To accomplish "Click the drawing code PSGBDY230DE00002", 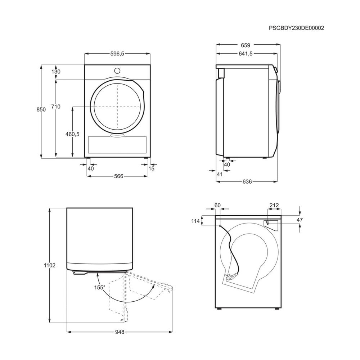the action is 296,28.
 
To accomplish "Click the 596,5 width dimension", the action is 117,54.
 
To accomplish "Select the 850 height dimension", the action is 41,109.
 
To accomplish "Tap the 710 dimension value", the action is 56,107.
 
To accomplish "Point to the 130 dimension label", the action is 56,72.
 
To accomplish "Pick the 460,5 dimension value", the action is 72,134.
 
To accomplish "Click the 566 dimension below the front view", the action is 119,176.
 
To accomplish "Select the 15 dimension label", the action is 152,168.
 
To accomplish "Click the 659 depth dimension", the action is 246,45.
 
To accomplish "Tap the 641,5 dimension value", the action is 246,54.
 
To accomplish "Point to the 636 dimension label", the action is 247,181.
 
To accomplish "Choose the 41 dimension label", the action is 220,174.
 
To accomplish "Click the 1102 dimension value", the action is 50,265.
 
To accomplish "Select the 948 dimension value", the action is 120,332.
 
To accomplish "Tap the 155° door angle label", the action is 100,287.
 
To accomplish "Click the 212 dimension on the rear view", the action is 274,205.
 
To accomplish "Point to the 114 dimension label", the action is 195,221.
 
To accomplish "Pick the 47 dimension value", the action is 300,220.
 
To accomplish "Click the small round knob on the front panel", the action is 117,70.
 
